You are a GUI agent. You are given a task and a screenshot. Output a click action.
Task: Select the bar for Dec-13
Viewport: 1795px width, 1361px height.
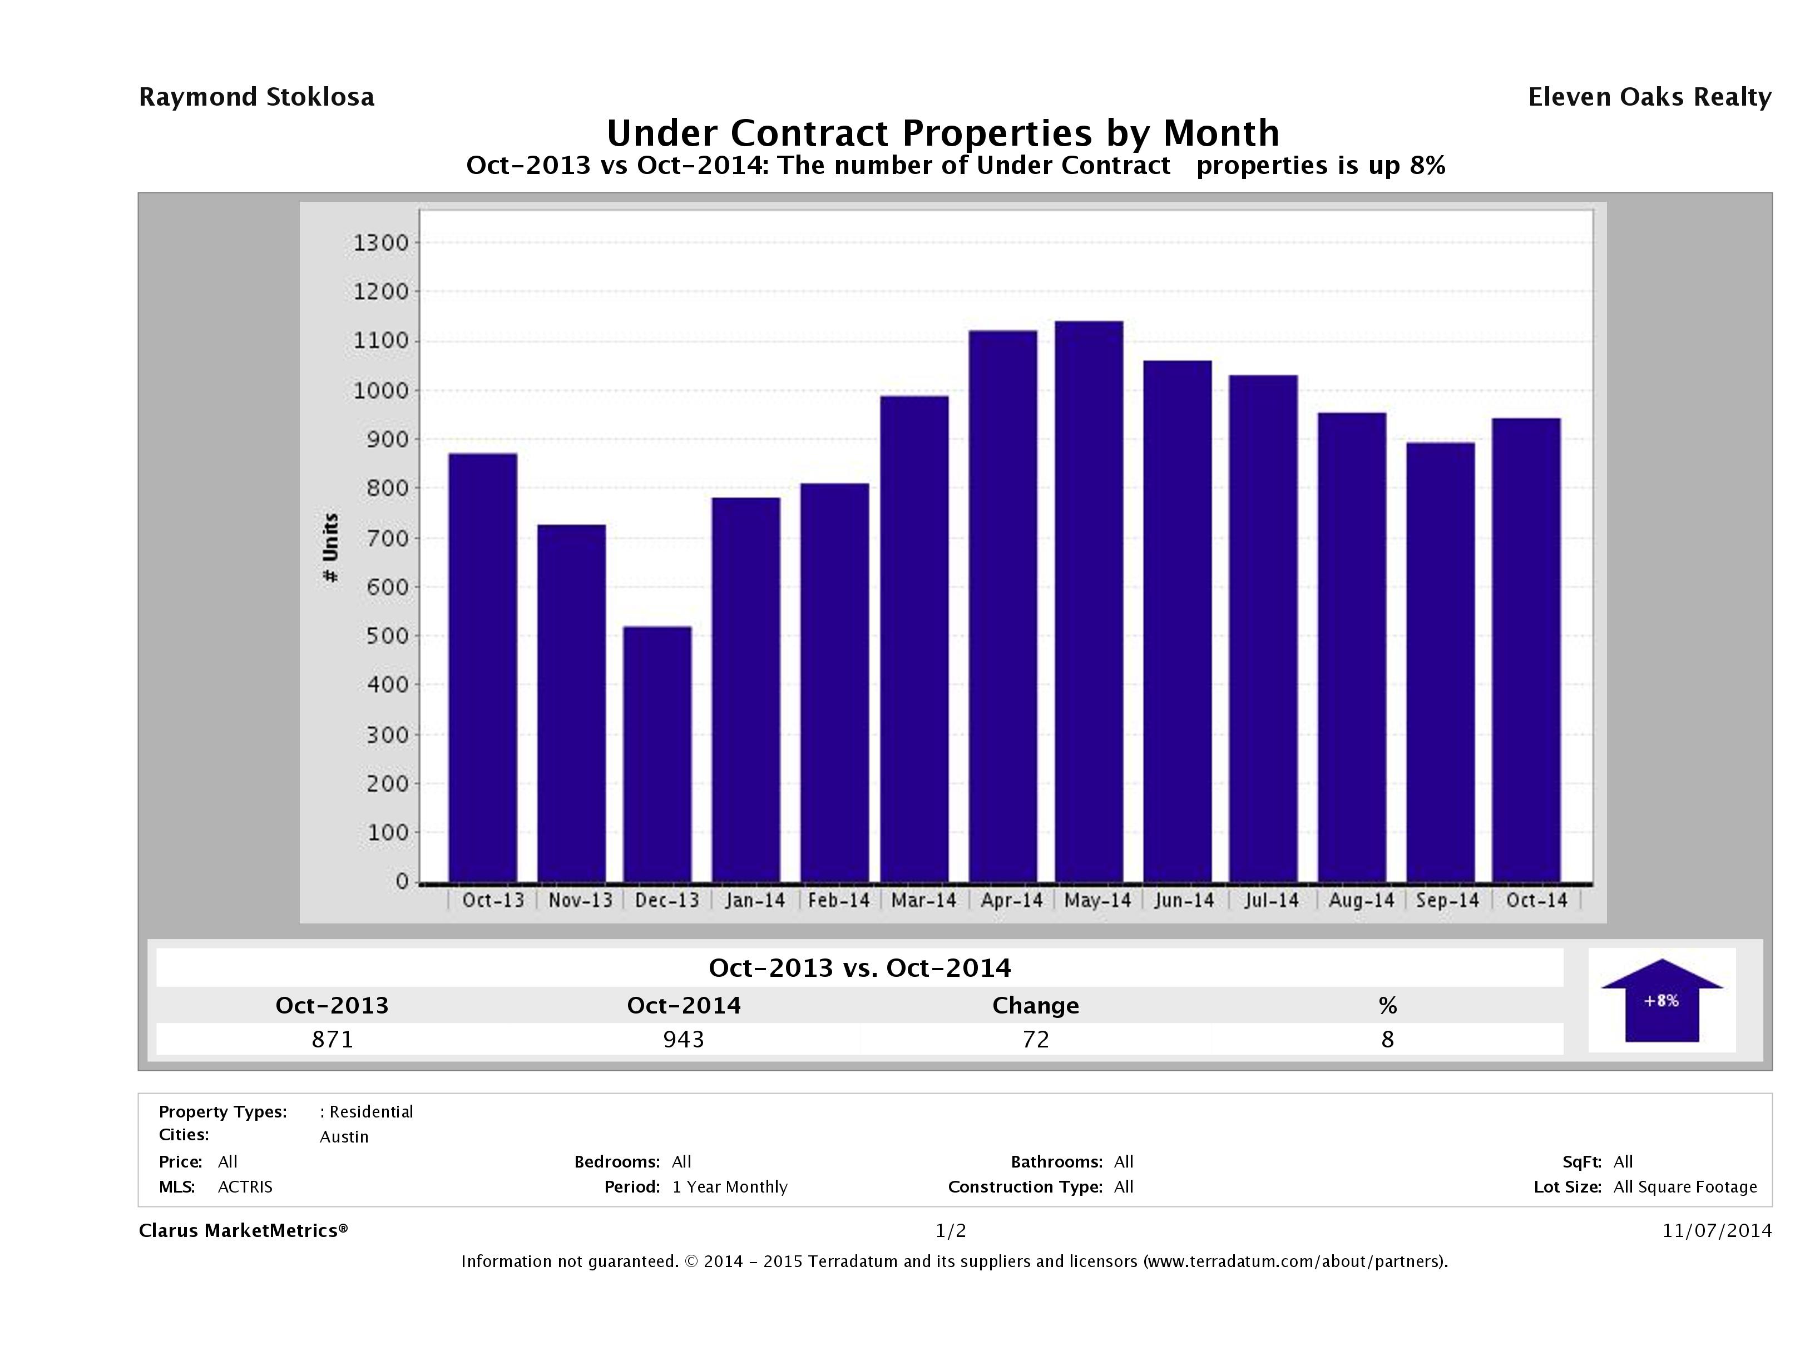tap(657, 754)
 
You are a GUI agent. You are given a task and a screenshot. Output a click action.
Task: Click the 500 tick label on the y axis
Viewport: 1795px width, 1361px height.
tap(385, 636)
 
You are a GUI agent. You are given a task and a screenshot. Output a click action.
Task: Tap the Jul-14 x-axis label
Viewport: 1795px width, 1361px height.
tap(1272, 900)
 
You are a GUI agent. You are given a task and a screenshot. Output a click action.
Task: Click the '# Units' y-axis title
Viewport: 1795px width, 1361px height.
tap(330, 548)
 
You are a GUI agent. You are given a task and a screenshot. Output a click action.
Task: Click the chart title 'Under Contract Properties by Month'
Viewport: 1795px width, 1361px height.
tap(943, 133)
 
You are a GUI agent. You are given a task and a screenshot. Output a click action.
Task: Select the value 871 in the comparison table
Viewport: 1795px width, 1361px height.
tap(333, 1039)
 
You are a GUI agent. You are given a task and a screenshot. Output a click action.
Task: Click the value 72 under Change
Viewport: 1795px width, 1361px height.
tap(1036, 1039)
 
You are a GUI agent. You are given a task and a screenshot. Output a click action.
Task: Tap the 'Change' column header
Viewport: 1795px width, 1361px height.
tap(1036, 1006)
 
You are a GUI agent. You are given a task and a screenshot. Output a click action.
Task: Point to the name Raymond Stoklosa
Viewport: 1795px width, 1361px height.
tap(256, 97)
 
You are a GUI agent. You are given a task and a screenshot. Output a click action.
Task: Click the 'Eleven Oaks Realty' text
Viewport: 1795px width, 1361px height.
tap(1649, 97)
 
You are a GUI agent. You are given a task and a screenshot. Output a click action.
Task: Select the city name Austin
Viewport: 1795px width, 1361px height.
tap(344, 1137)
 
